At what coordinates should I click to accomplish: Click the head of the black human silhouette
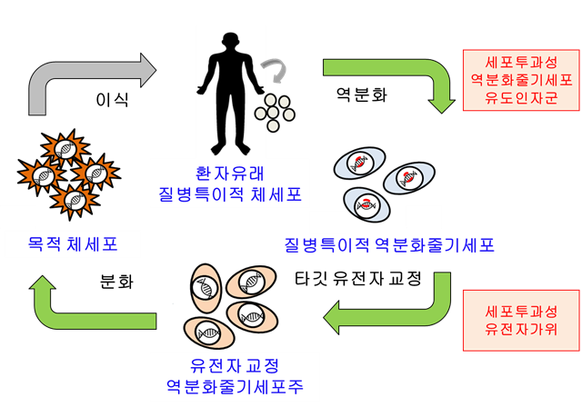click(x=230, y=41)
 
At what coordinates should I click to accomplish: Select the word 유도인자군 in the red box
click(x=520, y=96)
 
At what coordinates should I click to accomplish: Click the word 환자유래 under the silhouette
click(x=229, y=172)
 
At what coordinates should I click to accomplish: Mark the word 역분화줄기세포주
click(x=235, y=387)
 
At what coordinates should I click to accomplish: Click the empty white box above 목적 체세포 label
click(x=18, y=217)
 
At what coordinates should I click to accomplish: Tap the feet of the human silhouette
click(x=230, y=150)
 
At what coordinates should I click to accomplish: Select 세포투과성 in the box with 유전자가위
click(x=520, y=310)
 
